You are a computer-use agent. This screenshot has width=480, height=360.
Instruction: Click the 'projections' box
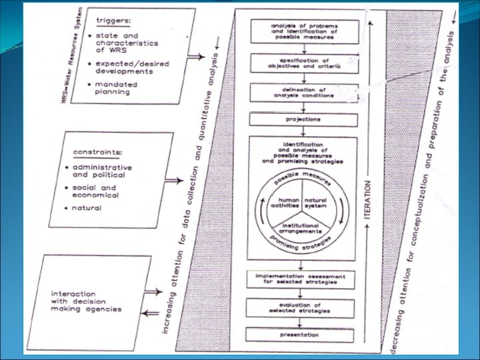pos(303,119)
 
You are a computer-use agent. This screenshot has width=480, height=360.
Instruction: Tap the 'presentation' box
pos(303,334)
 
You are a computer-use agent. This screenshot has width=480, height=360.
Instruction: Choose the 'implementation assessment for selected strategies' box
pos(303,279)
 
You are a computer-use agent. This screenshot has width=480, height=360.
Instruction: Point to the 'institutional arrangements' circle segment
pos(303,229)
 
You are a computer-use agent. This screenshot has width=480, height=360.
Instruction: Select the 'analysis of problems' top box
pos(303,31)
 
